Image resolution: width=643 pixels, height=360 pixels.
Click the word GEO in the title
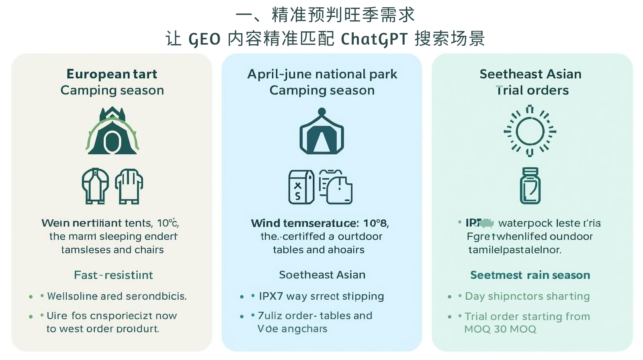(205, 39)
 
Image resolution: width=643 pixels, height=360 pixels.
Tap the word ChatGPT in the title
(374, 39)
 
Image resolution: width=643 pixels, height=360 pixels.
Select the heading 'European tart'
(112, 74)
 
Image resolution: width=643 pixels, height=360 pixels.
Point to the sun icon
(530, 131)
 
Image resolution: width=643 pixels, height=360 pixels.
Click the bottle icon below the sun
(530, 186)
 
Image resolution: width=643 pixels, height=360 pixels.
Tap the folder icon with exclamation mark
(336, 187)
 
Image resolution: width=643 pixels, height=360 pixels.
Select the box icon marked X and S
(301, 187)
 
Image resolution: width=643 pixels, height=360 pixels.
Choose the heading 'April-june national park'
(322, 74)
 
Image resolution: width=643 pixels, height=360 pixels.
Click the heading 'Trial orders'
(532, 90)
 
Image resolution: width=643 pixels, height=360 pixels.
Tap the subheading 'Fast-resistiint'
(113, 275)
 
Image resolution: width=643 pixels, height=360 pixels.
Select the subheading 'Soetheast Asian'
(322, 275)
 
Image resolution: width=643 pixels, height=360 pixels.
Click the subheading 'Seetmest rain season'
(530, 275)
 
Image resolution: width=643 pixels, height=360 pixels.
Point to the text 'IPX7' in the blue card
(271, 297)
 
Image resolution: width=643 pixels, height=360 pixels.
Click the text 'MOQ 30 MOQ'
(500, 329)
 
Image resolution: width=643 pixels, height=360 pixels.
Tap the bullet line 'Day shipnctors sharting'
(527, 297)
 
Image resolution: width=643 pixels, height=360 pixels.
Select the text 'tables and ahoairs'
(319, 250)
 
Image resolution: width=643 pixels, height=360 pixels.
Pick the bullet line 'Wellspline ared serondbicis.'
(117, 297)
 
